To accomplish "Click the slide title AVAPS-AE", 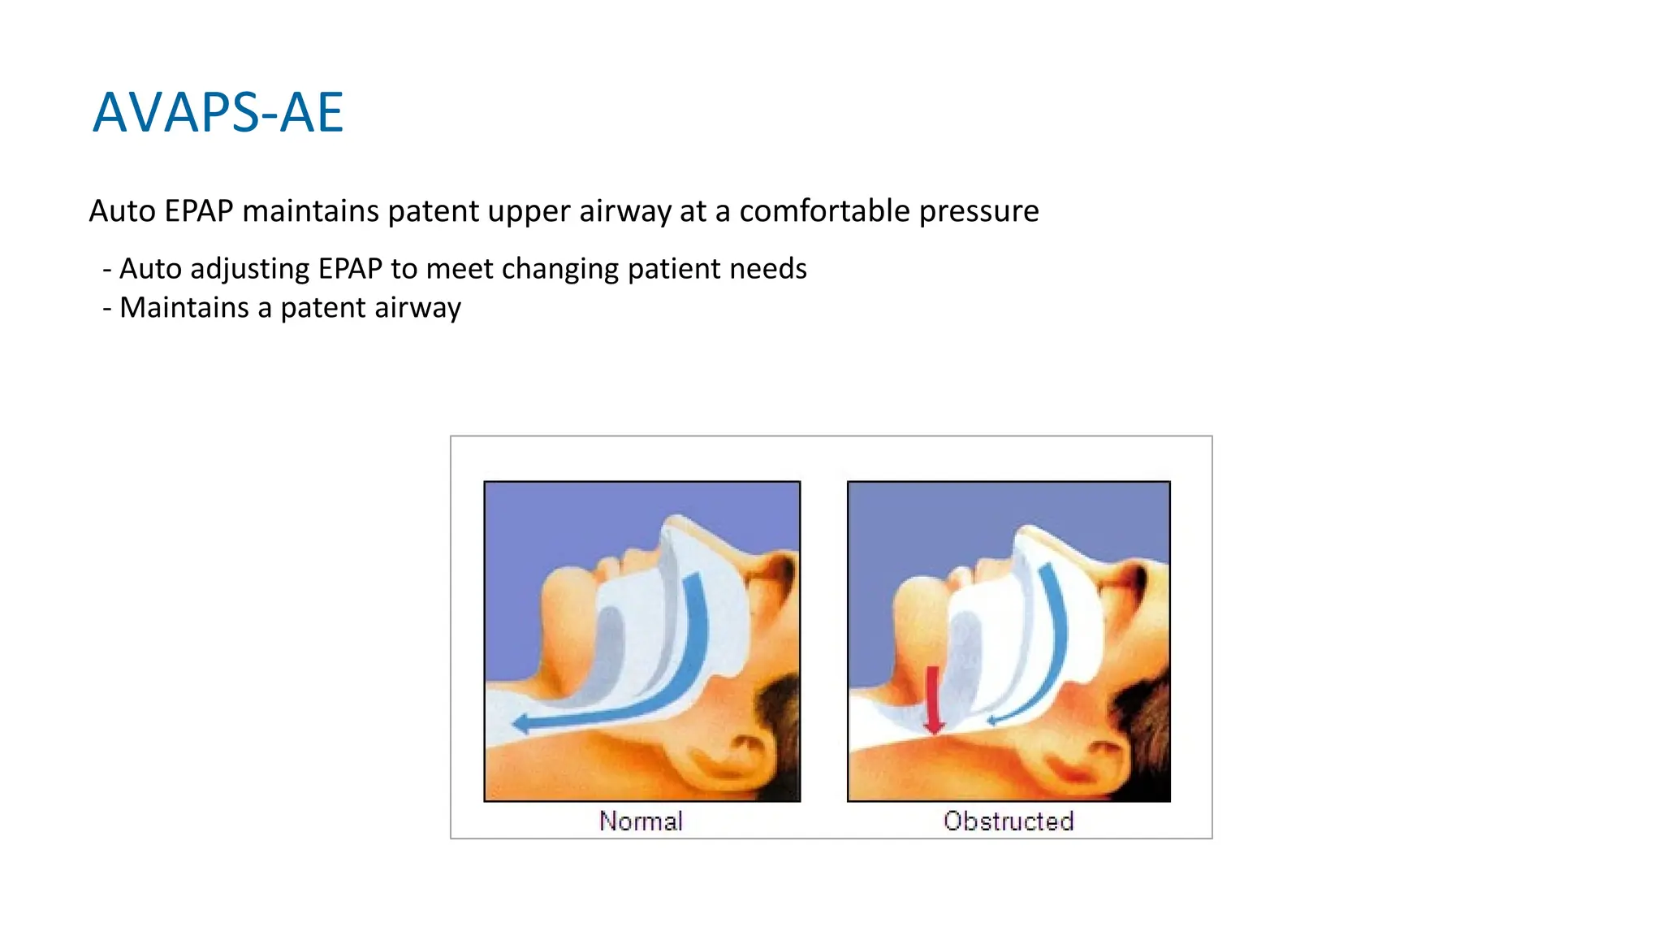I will (218, 112).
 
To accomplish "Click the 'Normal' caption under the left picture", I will (641, 821).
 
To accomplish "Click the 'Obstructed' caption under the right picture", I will (1009, 821).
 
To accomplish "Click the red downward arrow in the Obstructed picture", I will (934, 699).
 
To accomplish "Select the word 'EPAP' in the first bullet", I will (350, 269).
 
